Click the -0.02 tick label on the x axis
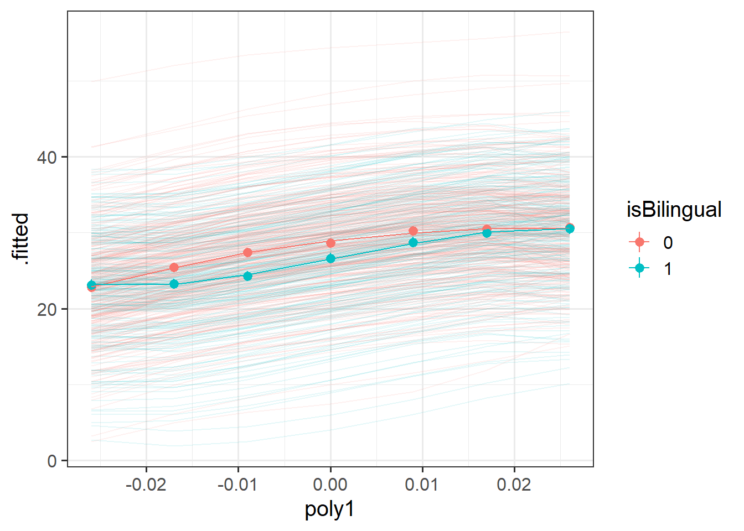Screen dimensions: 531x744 146,485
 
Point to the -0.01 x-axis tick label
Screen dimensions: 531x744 237,485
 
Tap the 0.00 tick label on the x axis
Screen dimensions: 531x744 330,485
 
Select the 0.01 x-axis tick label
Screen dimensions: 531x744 422,485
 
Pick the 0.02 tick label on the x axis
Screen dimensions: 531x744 514,485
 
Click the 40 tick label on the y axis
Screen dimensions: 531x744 47,157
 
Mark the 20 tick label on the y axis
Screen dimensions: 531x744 47,309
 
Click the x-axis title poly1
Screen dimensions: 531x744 329,509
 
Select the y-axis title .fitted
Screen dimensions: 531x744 20,237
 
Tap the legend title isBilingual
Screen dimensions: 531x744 674,210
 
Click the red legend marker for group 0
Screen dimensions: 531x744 640,242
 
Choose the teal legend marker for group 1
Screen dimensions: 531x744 640,269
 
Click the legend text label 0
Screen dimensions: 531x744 668,242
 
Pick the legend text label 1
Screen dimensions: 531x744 668,269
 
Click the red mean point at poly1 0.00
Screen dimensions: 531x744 330,243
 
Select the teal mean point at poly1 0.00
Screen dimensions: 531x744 330,258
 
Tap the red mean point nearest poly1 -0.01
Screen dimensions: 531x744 247,252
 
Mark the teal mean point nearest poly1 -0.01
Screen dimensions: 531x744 247,275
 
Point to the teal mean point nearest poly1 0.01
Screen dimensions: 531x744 413,243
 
